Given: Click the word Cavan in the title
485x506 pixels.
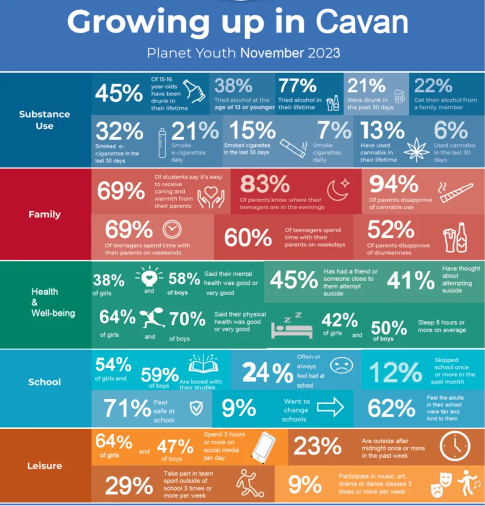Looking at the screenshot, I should pyautogui.click(x=362, y=22).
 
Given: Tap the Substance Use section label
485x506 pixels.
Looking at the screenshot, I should pyautogui.click(x=44, y=120).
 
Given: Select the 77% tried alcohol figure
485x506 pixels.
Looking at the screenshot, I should pyautogui.click(x=297, y=87).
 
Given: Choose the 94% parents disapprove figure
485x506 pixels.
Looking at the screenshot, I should pyautogui.click(x=393, y=185).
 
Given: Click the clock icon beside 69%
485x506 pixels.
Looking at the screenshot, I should pyautogui.click(x=171, y=229).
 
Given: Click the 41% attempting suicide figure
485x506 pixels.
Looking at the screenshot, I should pyautogui.click(x=410, y=280).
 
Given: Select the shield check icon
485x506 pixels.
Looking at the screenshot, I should pyautogui.click(x=195, y=408).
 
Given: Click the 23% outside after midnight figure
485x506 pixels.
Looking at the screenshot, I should pyautogui.click(x=317, y=446).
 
